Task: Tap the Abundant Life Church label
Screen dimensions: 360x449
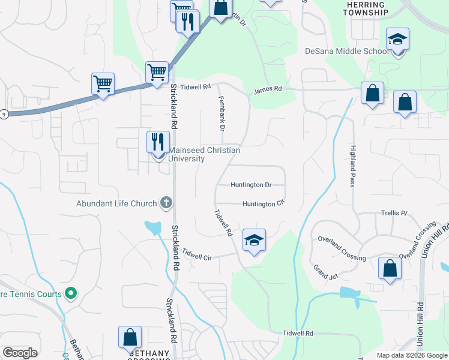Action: [116, 203]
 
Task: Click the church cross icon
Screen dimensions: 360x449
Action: [166, 203]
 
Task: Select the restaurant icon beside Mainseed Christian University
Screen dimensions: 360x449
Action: [157, 142]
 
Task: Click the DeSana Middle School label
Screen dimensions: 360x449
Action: [347, 51]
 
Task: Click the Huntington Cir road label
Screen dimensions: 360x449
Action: [263, 204]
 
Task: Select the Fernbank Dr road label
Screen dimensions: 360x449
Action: [221, 113]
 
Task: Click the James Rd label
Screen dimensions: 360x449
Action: [267, 89]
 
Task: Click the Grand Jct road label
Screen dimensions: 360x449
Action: [325, 271]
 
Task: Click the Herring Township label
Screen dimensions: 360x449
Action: [367, 8]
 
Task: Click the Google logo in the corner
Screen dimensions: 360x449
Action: [20, 353]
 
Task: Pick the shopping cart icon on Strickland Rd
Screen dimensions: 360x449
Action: [157, 72]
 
